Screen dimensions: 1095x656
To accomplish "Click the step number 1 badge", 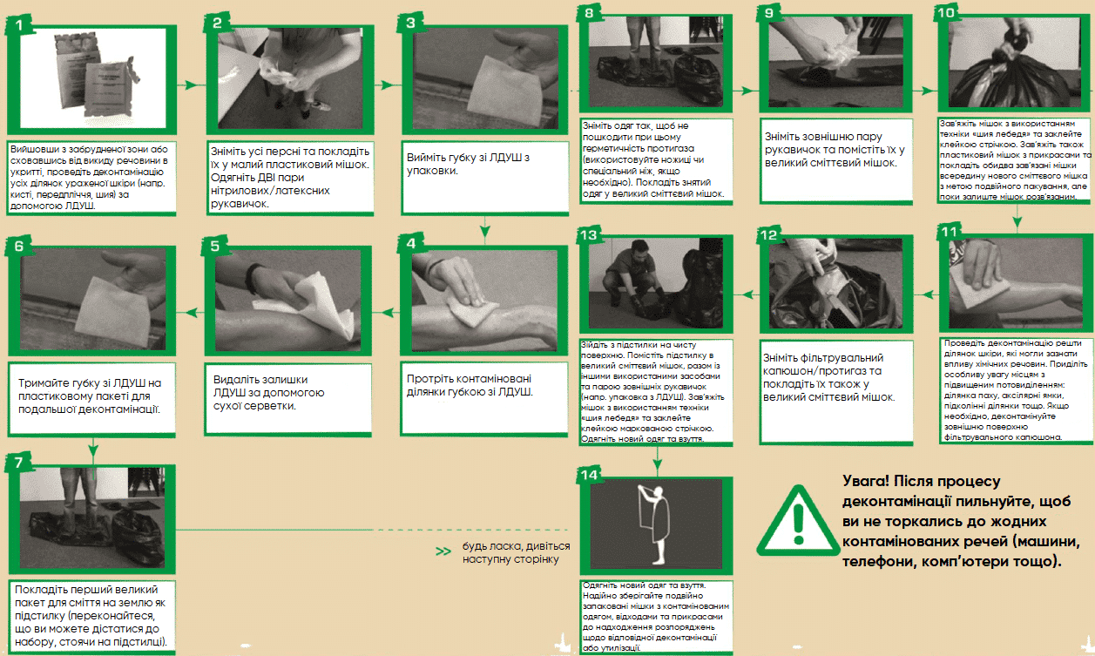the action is click(x=18, y=24).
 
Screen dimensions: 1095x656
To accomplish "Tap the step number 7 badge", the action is click(x=18, y=463).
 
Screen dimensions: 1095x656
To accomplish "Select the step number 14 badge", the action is click(x=590, y=474).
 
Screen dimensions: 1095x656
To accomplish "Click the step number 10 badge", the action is click(x=947, y=12).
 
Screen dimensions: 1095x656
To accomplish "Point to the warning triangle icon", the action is click(x=798, y=521).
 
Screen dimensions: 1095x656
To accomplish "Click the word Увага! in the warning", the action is click(x=865, y=482).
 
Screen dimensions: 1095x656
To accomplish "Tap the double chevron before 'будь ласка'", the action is click(x=443, y=551).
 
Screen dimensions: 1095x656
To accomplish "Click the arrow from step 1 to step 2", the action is click(x=192, y=85).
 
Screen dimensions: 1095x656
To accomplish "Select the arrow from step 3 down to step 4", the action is click(x=485, y=227).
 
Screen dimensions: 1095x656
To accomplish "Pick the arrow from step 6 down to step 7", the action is click(x=93, y=447).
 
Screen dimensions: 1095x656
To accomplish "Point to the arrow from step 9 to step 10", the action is click(x=925, y=91).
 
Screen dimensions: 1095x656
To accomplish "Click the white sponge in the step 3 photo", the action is click(x=504, y=91).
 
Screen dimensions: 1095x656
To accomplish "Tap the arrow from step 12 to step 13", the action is click(x=747, y=294).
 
